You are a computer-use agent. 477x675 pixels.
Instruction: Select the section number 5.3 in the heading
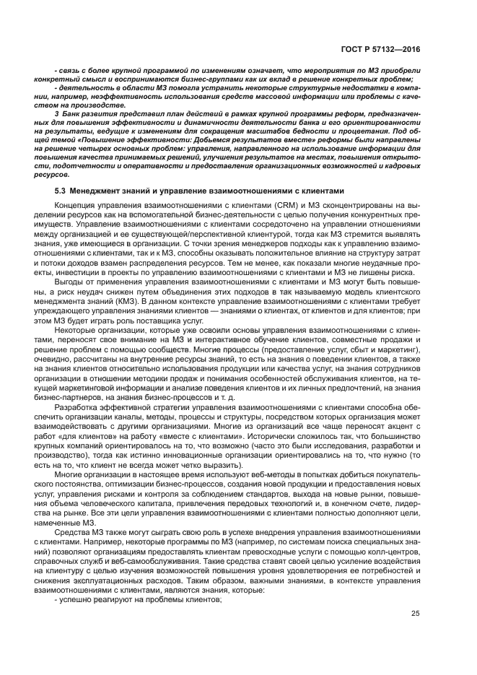point(60,191)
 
